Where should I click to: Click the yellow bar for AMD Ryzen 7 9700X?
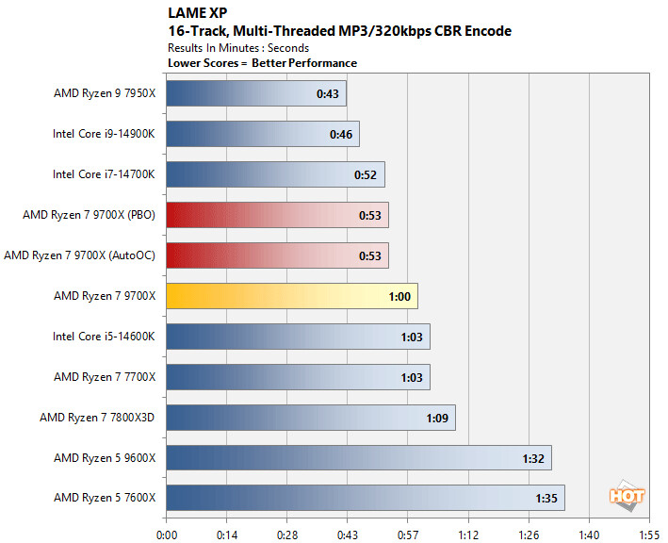click(292, 295)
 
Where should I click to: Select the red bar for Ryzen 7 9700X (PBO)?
click(277, 215)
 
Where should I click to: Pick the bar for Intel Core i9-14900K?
click(263, 134)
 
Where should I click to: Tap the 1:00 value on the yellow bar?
click(400, 296)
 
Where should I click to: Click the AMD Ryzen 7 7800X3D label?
click(98, 417)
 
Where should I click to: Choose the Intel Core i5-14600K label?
click(105, 336)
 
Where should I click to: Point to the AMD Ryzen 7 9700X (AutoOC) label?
click(80, 255)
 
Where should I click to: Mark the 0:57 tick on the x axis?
click(408, 531)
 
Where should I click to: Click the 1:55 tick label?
click(649, 531)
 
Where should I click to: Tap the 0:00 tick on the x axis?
click(167, 531)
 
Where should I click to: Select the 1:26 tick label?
click(529, 531)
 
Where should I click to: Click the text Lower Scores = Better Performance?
click(262, 63)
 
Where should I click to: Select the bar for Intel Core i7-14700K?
click(275, 174)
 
